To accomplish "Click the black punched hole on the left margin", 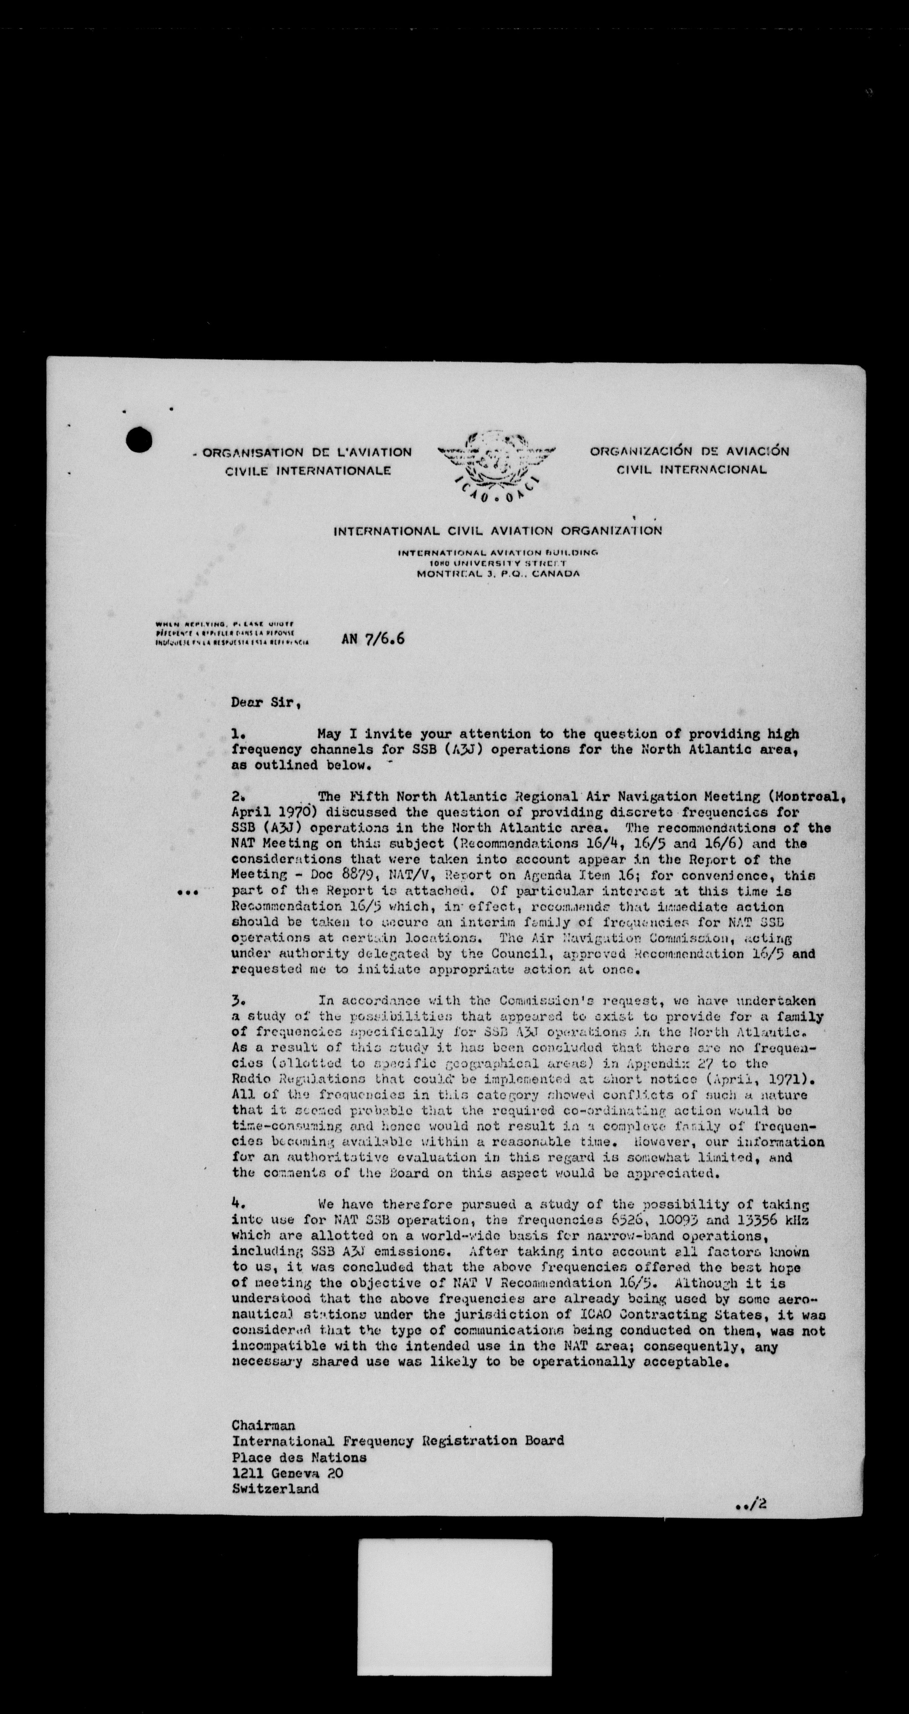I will (139, 439).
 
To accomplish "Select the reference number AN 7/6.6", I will (373, 639).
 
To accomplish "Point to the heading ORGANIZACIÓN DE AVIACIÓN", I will (689, 451).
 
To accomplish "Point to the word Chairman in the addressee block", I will (263, 1425).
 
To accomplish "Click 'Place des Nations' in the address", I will (299, 1457).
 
